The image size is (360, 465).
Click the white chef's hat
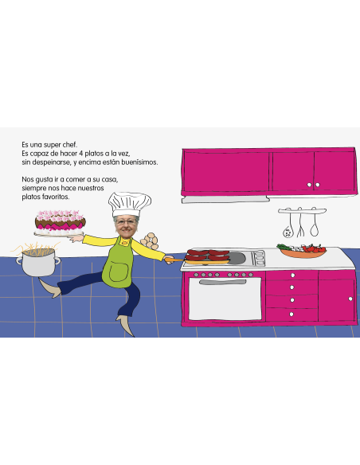[x=129, y=204]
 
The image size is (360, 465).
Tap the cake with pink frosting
[x=61, y=222]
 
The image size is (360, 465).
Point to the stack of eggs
[x=151, y=240]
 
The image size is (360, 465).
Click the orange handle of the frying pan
[x=175, y=260]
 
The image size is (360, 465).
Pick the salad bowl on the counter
[x=302, y=251]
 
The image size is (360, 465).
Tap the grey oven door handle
[x=223, y=282]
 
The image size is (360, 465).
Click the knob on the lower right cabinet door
[x=350, y=299]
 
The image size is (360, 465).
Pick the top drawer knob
[x=292, y=275]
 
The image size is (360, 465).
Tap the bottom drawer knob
[x=292, y=314]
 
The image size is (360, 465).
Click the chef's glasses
[x=126, y=222]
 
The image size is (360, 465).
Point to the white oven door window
[x=225, y=299]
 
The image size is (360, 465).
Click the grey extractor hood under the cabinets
[x=225, y=200]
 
